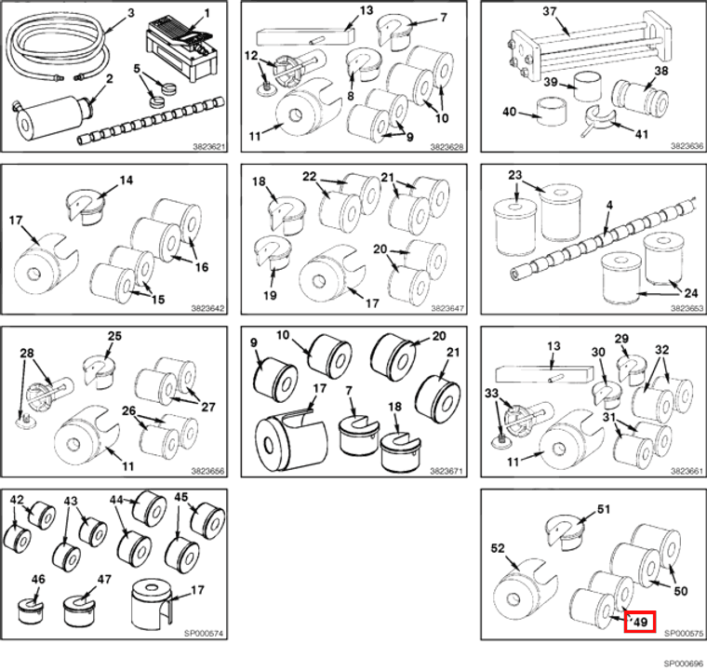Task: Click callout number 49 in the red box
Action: click(x=641, y=623)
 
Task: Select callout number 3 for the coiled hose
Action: click(x=131, y=13)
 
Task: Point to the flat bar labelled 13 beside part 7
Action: click(x=306, y=36)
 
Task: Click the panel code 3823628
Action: click(x=447, y=146)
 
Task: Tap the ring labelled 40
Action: click(x=552, y=111)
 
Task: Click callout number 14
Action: click(x=127, y=180)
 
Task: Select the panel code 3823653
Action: click(x=687, y=308)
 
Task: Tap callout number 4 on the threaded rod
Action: click(x=609, y=205)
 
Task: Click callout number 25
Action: click(x=114, y=336)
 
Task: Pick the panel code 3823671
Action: click(x=447, y=471)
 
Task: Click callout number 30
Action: click(x=598, y=352)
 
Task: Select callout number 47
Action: click(x=104, y=579)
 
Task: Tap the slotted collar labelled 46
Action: click(x=31, y=611)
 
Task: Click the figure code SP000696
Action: click(x=683, y=664)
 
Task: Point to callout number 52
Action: click(x=498, y=548)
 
